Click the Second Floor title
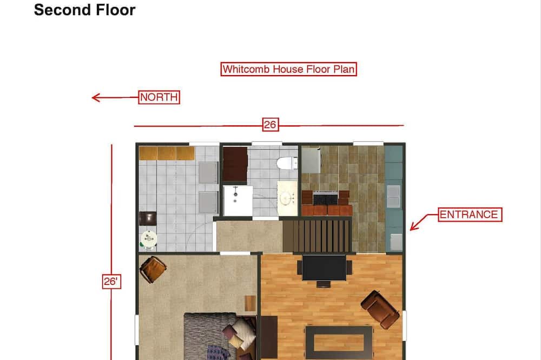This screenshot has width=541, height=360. pos(84,10)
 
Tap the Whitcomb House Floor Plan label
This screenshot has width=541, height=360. pos(288,69)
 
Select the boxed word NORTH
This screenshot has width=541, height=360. pos(159,97)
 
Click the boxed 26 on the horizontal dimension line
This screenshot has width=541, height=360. pos(270,124)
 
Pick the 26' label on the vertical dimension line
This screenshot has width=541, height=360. pos(111,282)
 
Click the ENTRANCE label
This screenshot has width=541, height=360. pos(470,215)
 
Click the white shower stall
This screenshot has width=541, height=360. pos(237,201)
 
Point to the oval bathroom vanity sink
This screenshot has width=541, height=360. pos(287,198)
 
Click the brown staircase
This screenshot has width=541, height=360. pos(316,236)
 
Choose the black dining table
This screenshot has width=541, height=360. pos(324,268)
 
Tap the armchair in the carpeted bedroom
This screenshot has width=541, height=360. pos(153,269)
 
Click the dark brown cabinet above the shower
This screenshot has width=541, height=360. pos(235,164)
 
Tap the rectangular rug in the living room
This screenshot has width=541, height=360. pos(339,342)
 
